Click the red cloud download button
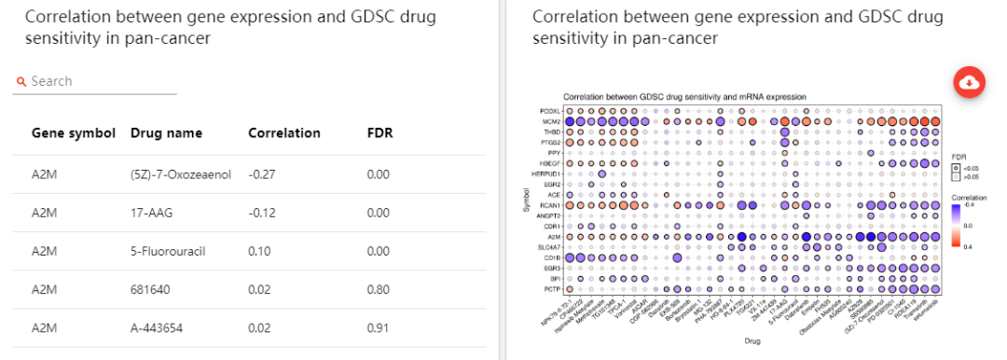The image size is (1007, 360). [970, 82]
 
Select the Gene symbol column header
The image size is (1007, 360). [73, 133]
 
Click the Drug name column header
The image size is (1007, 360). [166, 133]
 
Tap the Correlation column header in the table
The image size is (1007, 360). [283, 133]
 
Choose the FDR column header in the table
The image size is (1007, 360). [379, 133]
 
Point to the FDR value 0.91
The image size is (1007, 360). [378, 328]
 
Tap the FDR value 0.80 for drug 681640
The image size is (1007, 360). [378, 290]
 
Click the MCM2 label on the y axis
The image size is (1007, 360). [549, 121]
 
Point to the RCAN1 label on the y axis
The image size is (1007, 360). [548, 204]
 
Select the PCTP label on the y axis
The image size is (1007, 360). [549, 288]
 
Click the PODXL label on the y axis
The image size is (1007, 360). [548, 110]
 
